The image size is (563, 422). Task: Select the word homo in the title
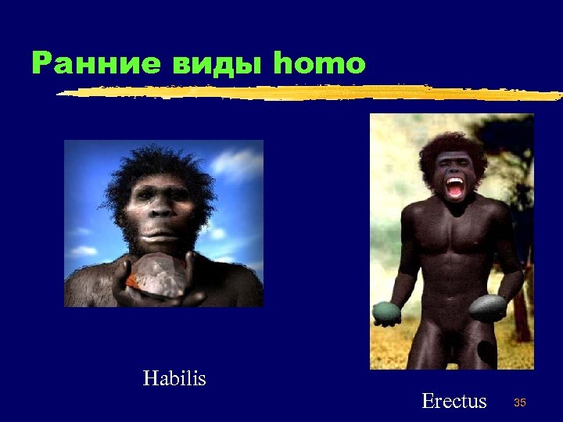point(319,63)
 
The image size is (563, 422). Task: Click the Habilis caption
point(174,379)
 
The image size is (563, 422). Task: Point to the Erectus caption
point(454,402)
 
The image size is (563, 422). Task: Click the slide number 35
point(519,402)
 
